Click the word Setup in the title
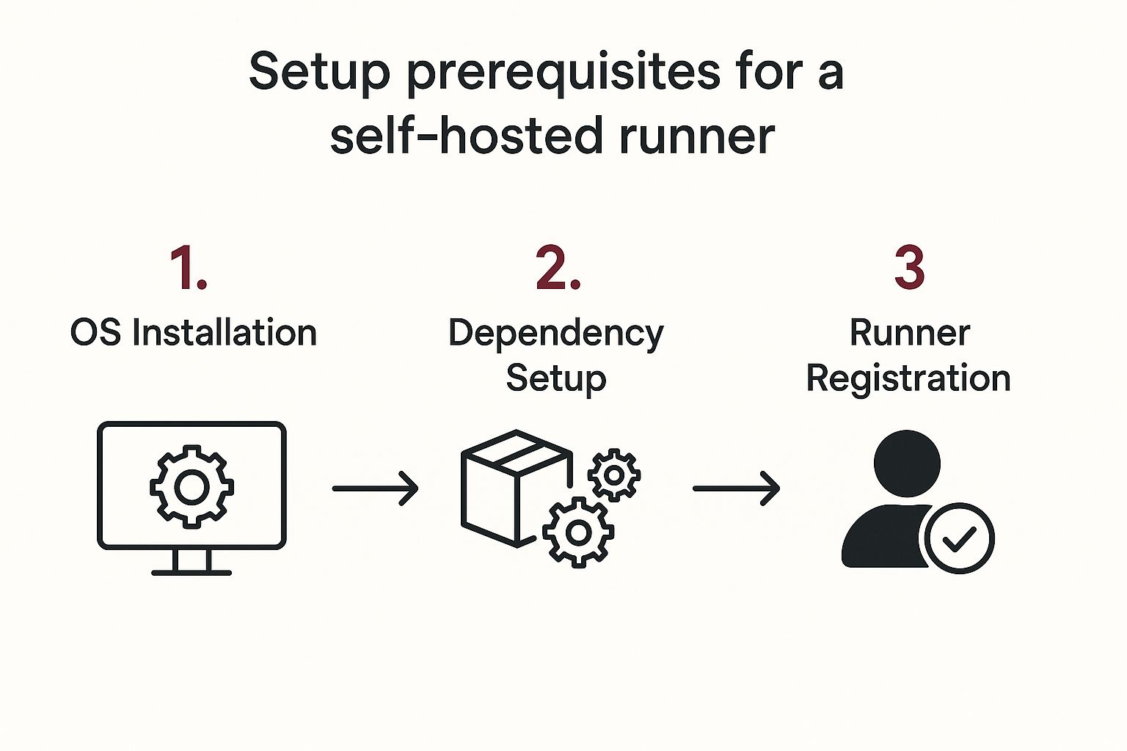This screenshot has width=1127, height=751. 319,72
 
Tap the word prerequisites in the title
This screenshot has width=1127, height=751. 563,72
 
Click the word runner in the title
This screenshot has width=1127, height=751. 697,136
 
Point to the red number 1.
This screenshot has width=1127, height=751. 188,268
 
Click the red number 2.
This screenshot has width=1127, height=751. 558,268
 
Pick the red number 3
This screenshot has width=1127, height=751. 909,268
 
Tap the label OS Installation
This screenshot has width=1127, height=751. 193,333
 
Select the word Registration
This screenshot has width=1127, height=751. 908,378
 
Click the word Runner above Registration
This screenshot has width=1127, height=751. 910,333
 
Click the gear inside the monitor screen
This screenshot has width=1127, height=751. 192,486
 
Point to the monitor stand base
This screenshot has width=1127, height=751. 192,571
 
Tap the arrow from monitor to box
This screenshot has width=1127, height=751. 375,488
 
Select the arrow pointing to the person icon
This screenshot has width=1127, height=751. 736,488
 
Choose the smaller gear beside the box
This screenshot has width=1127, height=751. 614,475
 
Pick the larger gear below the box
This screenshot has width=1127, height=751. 578,532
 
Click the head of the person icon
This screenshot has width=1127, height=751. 907,464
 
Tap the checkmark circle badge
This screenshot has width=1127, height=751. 959,538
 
